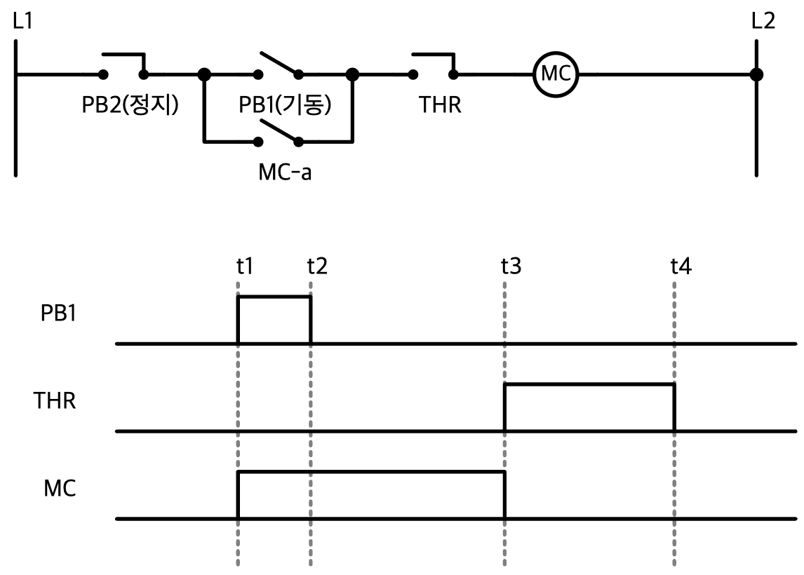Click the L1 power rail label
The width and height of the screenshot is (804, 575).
coord(22,21)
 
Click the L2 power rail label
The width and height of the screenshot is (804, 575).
coord(763,21)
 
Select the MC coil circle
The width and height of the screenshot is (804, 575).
coord(556,74)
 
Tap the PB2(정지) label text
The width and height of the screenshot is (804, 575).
coord(130,104)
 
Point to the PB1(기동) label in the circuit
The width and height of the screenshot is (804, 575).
coord(285,104)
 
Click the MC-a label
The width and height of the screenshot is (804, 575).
coord(285,172)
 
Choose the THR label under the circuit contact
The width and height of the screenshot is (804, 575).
coord(440,104)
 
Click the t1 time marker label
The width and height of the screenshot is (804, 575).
coord(245,266)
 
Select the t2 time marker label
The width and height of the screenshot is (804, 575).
coord(317,266)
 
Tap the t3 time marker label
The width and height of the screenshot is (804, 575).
coord(511,266)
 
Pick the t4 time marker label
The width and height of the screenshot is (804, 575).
coord(681,266)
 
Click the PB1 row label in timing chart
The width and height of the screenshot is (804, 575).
coord(58,313)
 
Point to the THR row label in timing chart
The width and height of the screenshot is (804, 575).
coord(55,401)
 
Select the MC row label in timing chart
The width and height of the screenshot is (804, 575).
coord(60,488)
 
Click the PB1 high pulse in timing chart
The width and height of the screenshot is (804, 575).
coord(274,297)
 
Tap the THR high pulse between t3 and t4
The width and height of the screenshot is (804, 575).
coord(589,384)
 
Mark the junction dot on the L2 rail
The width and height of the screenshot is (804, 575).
coord(756,74)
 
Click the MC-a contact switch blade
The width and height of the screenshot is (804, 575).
coord(279,130)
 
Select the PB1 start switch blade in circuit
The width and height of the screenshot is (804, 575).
coord(279,63)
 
